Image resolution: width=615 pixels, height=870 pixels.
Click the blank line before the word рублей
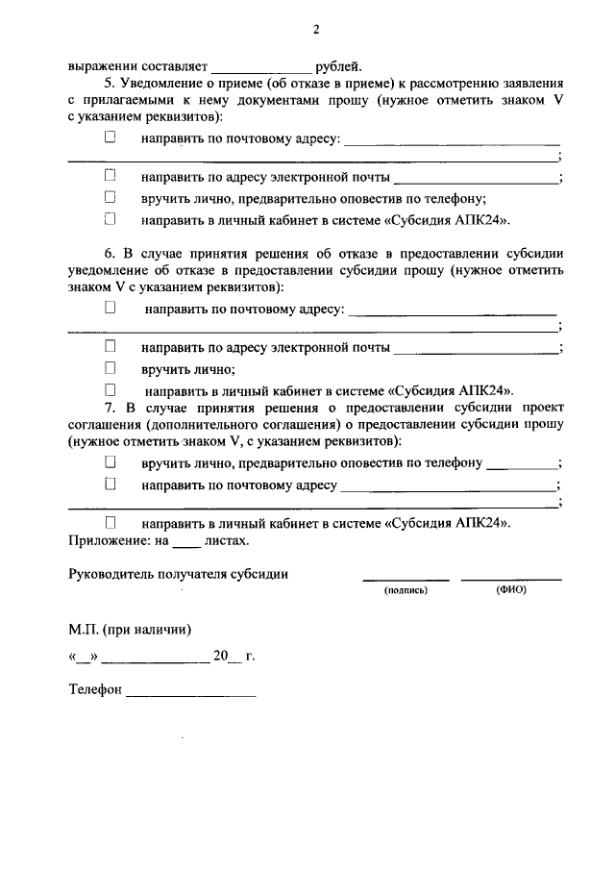pos(260,68)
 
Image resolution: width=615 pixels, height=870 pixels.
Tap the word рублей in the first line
pos(339,67)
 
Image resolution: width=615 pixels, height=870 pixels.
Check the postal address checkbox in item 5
pos(110,137)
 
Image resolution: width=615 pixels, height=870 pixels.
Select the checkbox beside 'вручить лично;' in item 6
pos(110,368)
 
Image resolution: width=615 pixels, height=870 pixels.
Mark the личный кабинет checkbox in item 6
pos(110,390)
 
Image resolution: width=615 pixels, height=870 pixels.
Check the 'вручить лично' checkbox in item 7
pos(110,462)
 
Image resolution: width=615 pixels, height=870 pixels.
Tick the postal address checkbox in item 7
pos(110,485)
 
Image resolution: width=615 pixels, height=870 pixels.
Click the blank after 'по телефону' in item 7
pos(521,465)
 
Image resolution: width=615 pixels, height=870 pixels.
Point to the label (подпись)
pos(405,590)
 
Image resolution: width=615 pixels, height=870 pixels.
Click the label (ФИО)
pos(511,590)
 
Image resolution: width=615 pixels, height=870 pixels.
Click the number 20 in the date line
pos(221,658)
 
